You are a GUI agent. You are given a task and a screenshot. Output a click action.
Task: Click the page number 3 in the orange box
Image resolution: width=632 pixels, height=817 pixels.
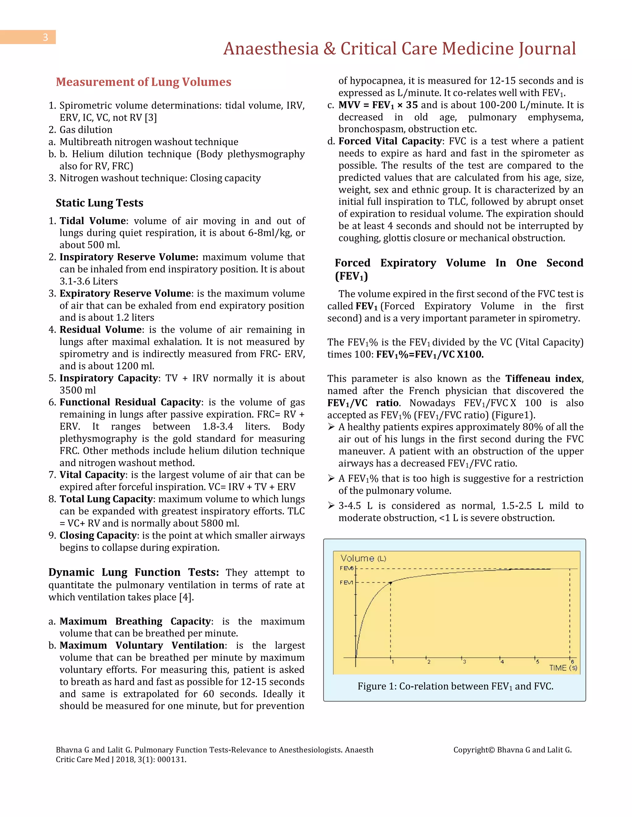45,37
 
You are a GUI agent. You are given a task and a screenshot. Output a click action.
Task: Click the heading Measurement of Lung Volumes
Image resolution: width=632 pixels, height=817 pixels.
143,82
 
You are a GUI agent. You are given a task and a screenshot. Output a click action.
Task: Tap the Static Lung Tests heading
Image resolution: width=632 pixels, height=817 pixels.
100,203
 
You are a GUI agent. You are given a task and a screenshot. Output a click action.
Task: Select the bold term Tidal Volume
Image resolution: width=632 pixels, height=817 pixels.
93,221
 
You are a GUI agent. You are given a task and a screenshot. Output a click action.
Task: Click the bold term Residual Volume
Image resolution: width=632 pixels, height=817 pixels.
100,330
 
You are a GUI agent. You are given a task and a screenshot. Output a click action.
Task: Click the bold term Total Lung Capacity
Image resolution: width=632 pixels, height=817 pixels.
106,499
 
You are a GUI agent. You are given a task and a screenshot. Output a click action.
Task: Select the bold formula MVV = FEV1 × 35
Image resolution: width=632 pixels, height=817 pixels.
378,105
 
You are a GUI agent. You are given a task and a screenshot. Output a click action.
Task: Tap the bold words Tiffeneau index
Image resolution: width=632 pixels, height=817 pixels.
543,379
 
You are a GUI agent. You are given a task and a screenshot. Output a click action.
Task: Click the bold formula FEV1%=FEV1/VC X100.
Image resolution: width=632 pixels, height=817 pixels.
430,354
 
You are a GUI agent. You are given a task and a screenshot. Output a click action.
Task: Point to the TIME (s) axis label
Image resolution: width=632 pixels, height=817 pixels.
563,668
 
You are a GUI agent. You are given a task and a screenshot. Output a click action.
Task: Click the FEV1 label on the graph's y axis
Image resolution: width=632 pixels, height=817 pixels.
346,582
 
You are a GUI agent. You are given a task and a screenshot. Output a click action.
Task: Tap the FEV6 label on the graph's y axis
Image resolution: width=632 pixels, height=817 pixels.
346,568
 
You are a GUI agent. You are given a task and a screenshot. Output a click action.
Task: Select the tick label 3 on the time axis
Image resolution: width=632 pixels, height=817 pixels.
464,662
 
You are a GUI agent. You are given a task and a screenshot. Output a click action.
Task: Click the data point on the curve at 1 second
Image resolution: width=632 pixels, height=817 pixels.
390,583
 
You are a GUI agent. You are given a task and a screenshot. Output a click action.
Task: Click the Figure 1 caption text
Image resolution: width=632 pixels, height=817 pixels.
455,686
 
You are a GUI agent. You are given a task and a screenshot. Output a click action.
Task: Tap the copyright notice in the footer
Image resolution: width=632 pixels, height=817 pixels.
512,750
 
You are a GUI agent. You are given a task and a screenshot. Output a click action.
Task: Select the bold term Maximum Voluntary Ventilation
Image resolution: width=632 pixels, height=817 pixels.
142,645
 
